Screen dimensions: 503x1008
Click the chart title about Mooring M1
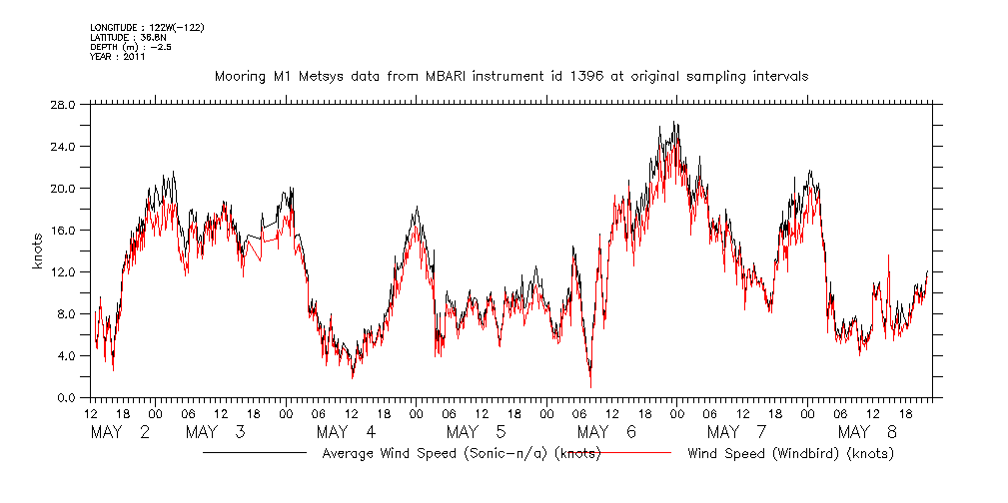click(x=510, y=76)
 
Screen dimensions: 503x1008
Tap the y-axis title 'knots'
click(x=38, y=251)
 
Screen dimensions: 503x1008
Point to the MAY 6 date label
click(x=606, y=432)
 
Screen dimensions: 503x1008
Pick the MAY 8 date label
click(x=867, y=432)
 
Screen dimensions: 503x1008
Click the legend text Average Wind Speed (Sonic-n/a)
click(x=462, y=454)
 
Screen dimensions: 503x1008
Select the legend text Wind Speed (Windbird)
click(x=790, y=454)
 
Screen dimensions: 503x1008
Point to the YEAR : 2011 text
click(x=118, y=57)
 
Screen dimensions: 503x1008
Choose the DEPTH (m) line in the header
click(x=131, y=47)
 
